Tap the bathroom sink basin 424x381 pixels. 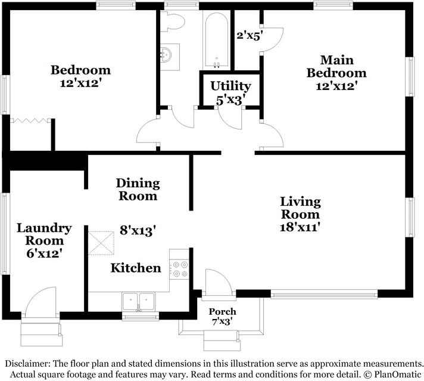[166, 54]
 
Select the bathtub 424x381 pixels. [216, 40]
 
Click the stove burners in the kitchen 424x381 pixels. [180, 269]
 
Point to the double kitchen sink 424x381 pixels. [138, 301]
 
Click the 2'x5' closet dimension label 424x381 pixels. [250, 35]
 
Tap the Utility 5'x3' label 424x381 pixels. [230, 93]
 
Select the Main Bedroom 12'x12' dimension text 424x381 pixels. [337, 86]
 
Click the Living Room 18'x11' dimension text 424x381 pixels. [300, 227]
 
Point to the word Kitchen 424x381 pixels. [136, 268]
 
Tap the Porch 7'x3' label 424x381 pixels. [222, 316]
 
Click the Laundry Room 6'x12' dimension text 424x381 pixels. [45, 254]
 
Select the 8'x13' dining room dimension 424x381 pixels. [138, 230]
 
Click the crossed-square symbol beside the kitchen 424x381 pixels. [101, 243]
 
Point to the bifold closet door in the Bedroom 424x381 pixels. [30, 120]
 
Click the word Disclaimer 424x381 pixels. [27, 364]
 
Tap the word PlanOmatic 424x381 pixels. [398, 374]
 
